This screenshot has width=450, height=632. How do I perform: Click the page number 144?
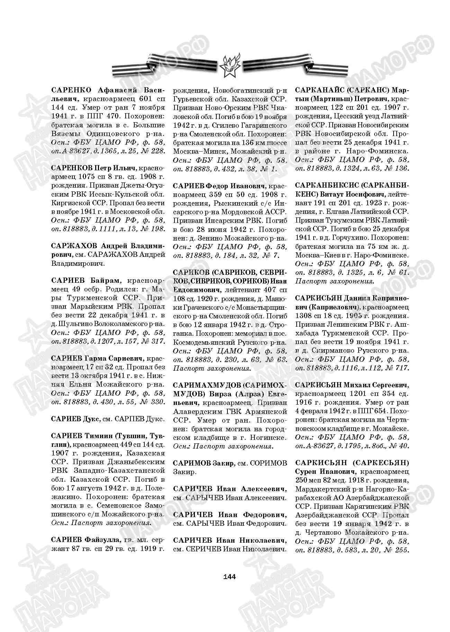229,576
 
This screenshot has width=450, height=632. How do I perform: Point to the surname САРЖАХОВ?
73,246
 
